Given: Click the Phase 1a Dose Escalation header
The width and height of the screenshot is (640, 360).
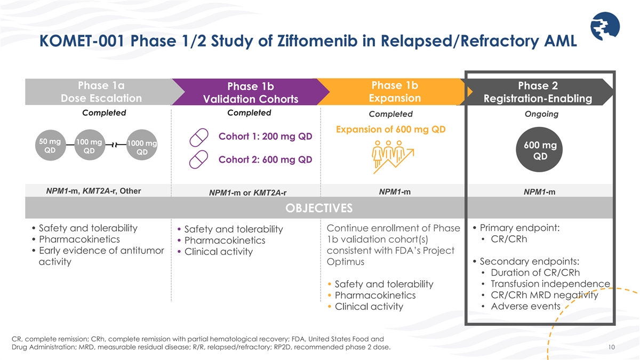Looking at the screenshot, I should [x=101, y=92].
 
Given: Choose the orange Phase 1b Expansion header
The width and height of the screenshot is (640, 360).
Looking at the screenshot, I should [x=395, y=92].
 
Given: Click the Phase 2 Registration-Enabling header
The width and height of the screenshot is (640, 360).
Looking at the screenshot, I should [x=538, y=92].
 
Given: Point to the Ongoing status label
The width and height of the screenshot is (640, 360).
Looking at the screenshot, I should [x=541, y=114].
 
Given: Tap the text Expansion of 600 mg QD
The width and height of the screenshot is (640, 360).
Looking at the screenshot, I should [x=390, y=129].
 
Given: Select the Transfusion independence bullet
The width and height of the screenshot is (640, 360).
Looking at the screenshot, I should [x=550, y=283].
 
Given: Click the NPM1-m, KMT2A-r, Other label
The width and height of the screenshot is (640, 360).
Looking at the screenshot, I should [x=94, y=191].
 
